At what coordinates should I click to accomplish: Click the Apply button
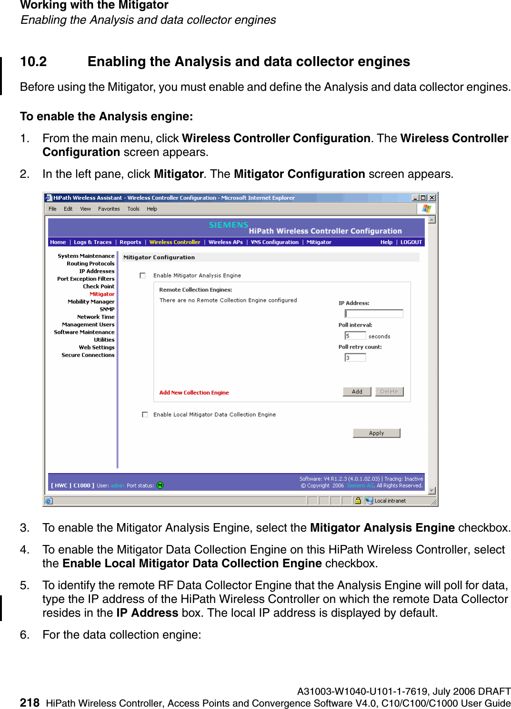pos(376,433)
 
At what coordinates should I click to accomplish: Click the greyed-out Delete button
pos(389,392)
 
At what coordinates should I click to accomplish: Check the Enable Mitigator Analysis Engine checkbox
pos(142,275)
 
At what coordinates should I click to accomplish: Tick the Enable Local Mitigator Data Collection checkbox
pos(145,415)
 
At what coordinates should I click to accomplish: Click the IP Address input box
pos(374,314)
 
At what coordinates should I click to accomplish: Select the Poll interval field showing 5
pos(355,336)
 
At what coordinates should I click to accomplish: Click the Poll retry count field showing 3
pos(355,358)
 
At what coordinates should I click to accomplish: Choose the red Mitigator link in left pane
pos(102,294)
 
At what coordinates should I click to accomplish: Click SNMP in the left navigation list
pos(107,310)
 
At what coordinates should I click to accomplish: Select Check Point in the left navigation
pos(99,287)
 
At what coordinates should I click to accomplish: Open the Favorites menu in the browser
pos(109,209)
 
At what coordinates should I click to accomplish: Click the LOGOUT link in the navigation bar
pos(411,242)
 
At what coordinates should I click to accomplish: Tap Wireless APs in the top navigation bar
pos(225,242)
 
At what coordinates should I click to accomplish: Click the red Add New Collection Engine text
pos(194,393)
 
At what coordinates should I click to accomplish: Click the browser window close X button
pos(432,198)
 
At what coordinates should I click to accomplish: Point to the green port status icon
pos(160,486)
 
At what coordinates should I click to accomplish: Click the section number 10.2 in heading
pos(33,62)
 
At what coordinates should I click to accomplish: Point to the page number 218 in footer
pos(30,702)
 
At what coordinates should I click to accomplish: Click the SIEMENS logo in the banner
pos(229,225)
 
